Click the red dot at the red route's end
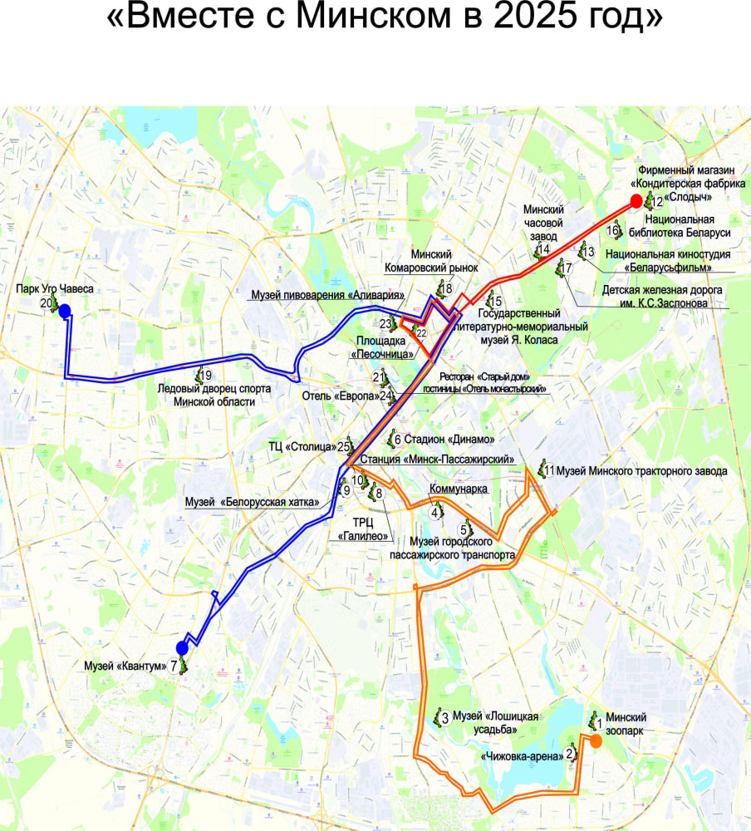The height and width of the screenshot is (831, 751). [x=636, y=200]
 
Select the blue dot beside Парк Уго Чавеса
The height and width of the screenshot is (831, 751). [x=64, y=311]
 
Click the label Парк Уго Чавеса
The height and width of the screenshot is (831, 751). [x=55, y=289]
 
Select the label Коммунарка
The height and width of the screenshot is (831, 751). [x=458, y=489]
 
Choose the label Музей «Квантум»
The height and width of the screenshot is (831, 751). [x=126, y=665]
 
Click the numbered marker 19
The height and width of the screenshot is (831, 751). [x=204, y=375]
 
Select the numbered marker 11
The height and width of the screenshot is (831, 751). [x=549, y=471]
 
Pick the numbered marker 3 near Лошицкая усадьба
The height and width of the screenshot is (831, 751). [x=444, y=718]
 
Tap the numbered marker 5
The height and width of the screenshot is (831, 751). [x=464, y=529]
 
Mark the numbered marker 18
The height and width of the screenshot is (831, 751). [x=447, y=289]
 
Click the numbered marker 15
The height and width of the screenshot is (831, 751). [x=497, y=301]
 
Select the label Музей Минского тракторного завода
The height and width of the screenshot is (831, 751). [x=641, y=471]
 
